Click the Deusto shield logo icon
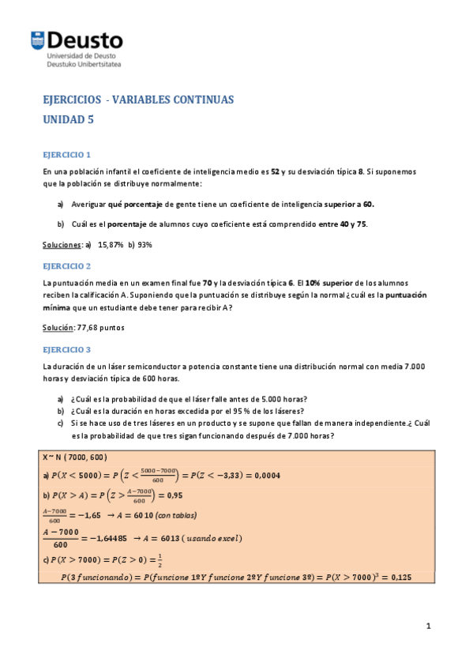[37, 40]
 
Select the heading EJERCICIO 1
[67, 154]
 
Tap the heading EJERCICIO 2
[67, 265]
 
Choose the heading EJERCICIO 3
[67, 348]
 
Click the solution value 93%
[145, 244]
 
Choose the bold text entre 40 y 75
[343, 224]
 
